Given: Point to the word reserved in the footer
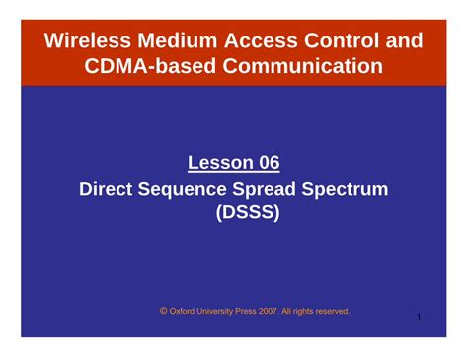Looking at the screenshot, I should (x=329, y=312).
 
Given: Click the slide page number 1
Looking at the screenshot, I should (x=419, y=317).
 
